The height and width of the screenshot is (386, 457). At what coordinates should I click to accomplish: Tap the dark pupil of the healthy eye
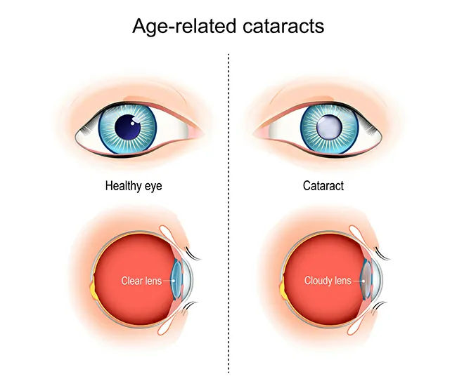(x=128, y=128)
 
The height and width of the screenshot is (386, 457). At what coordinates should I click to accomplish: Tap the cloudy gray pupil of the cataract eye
(x=329, y=128)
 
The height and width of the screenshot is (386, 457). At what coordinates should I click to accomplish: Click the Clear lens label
(x=141, y=281)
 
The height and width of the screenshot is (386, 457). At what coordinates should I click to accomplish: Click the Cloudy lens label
(x=327, y=281)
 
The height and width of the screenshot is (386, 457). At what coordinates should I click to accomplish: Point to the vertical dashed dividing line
(x=229, y=211)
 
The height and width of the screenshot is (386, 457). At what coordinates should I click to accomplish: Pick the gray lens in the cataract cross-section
(x=366, y=281)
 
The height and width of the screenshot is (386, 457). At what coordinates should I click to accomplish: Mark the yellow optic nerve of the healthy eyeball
(x=94, y=287)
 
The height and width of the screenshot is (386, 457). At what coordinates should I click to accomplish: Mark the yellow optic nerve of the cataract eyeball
(x=283, y=287)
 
